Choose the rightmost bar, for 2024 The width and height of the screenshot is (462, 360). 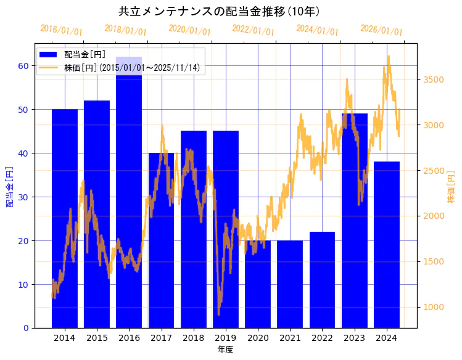pyautogui.click(x=387, y=247)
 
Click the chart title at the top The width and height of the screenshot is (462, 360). pyautogui.click(x=219, y=11)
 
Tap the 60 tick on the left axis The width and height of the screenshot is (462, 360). pyautogui.click(x=23, y=66)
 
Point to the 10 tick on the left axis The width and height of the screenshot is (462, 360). pyautogui.click(x=23, y=284)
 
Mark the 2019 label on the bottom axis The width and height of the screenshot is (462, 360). pyautogui.click(x=226, y=338)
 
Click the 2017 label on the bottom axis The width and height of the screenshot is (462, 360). pyautogui.click(x=161, y=338)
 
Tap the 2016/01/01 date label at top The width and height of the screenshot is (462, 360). pyautogui.click(x=61, y=30)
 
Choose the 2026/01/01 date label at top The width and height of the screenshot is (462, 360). pyautogui.click(x=381, y=30)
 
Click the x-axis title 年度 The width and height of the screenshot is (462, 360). pyautogui.click(x=225, y=350)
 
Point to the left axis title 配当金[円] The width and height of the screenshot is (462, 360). pyautogui.click(x=10, y=186)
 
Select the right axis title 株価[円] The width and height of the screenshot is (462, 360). pyautogui.click(x=451, y=188)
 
